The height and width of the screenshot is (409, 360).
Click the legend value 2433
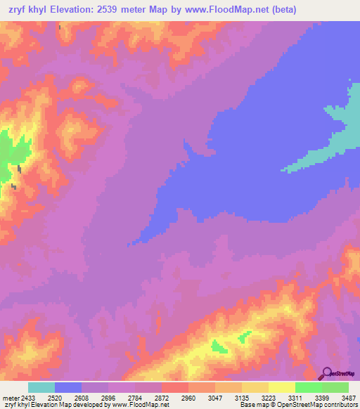click(30, 397)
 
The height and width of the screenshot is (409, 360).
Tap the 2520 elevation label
click(55, 397)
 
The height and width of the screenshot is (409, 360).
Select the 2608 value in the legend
click(82, 397)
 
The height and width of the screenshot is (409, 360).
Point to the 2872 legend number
click(162, 397)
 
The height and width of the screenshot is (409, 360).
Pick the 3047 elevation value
click(215, 397)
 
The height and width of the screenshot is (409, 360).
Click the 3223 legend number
click(269, 397)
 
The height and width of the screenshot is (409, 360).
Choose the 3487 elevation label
click(349, 397)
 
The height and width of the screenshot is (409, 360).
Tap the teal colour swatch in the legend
click(41, 387)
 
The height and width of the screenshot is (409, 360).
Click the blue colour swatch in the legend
click(68, 387)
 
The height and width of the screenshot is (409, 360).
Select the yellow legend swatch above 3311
click(281, 387)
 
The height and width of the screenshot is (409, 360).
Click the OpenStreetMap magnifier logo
click(326, 373)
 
